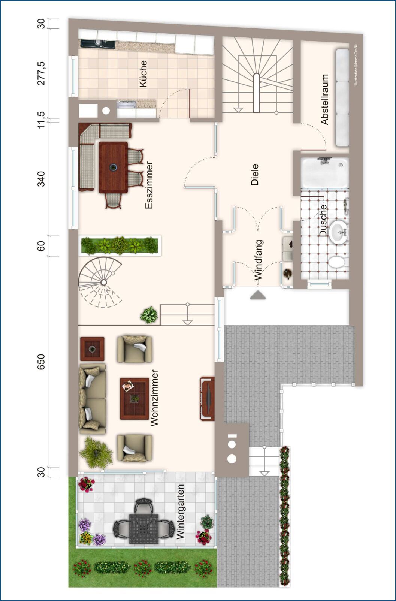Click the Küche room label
[143, 73]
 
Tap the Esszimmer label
[149, 185]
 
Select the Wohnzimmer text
[154, 398]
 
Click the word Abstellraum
[325, 100]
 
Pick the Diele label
[255, 175]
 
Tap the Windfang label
[259, 260]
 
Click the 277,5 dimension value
[42, 73]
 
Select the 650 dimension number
[41, 362]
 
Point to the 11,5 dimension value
[42, 120]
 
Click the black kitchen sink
[98, 44]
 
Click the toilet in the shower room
[338, 262]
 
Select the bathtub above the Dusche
[325, 173]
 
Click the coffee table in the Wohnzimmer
[134, 398]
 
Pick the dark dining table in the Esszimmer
[113, 167]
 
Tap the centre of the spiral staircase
[103, 282]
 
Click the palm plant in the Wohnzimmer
[96, 453]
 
